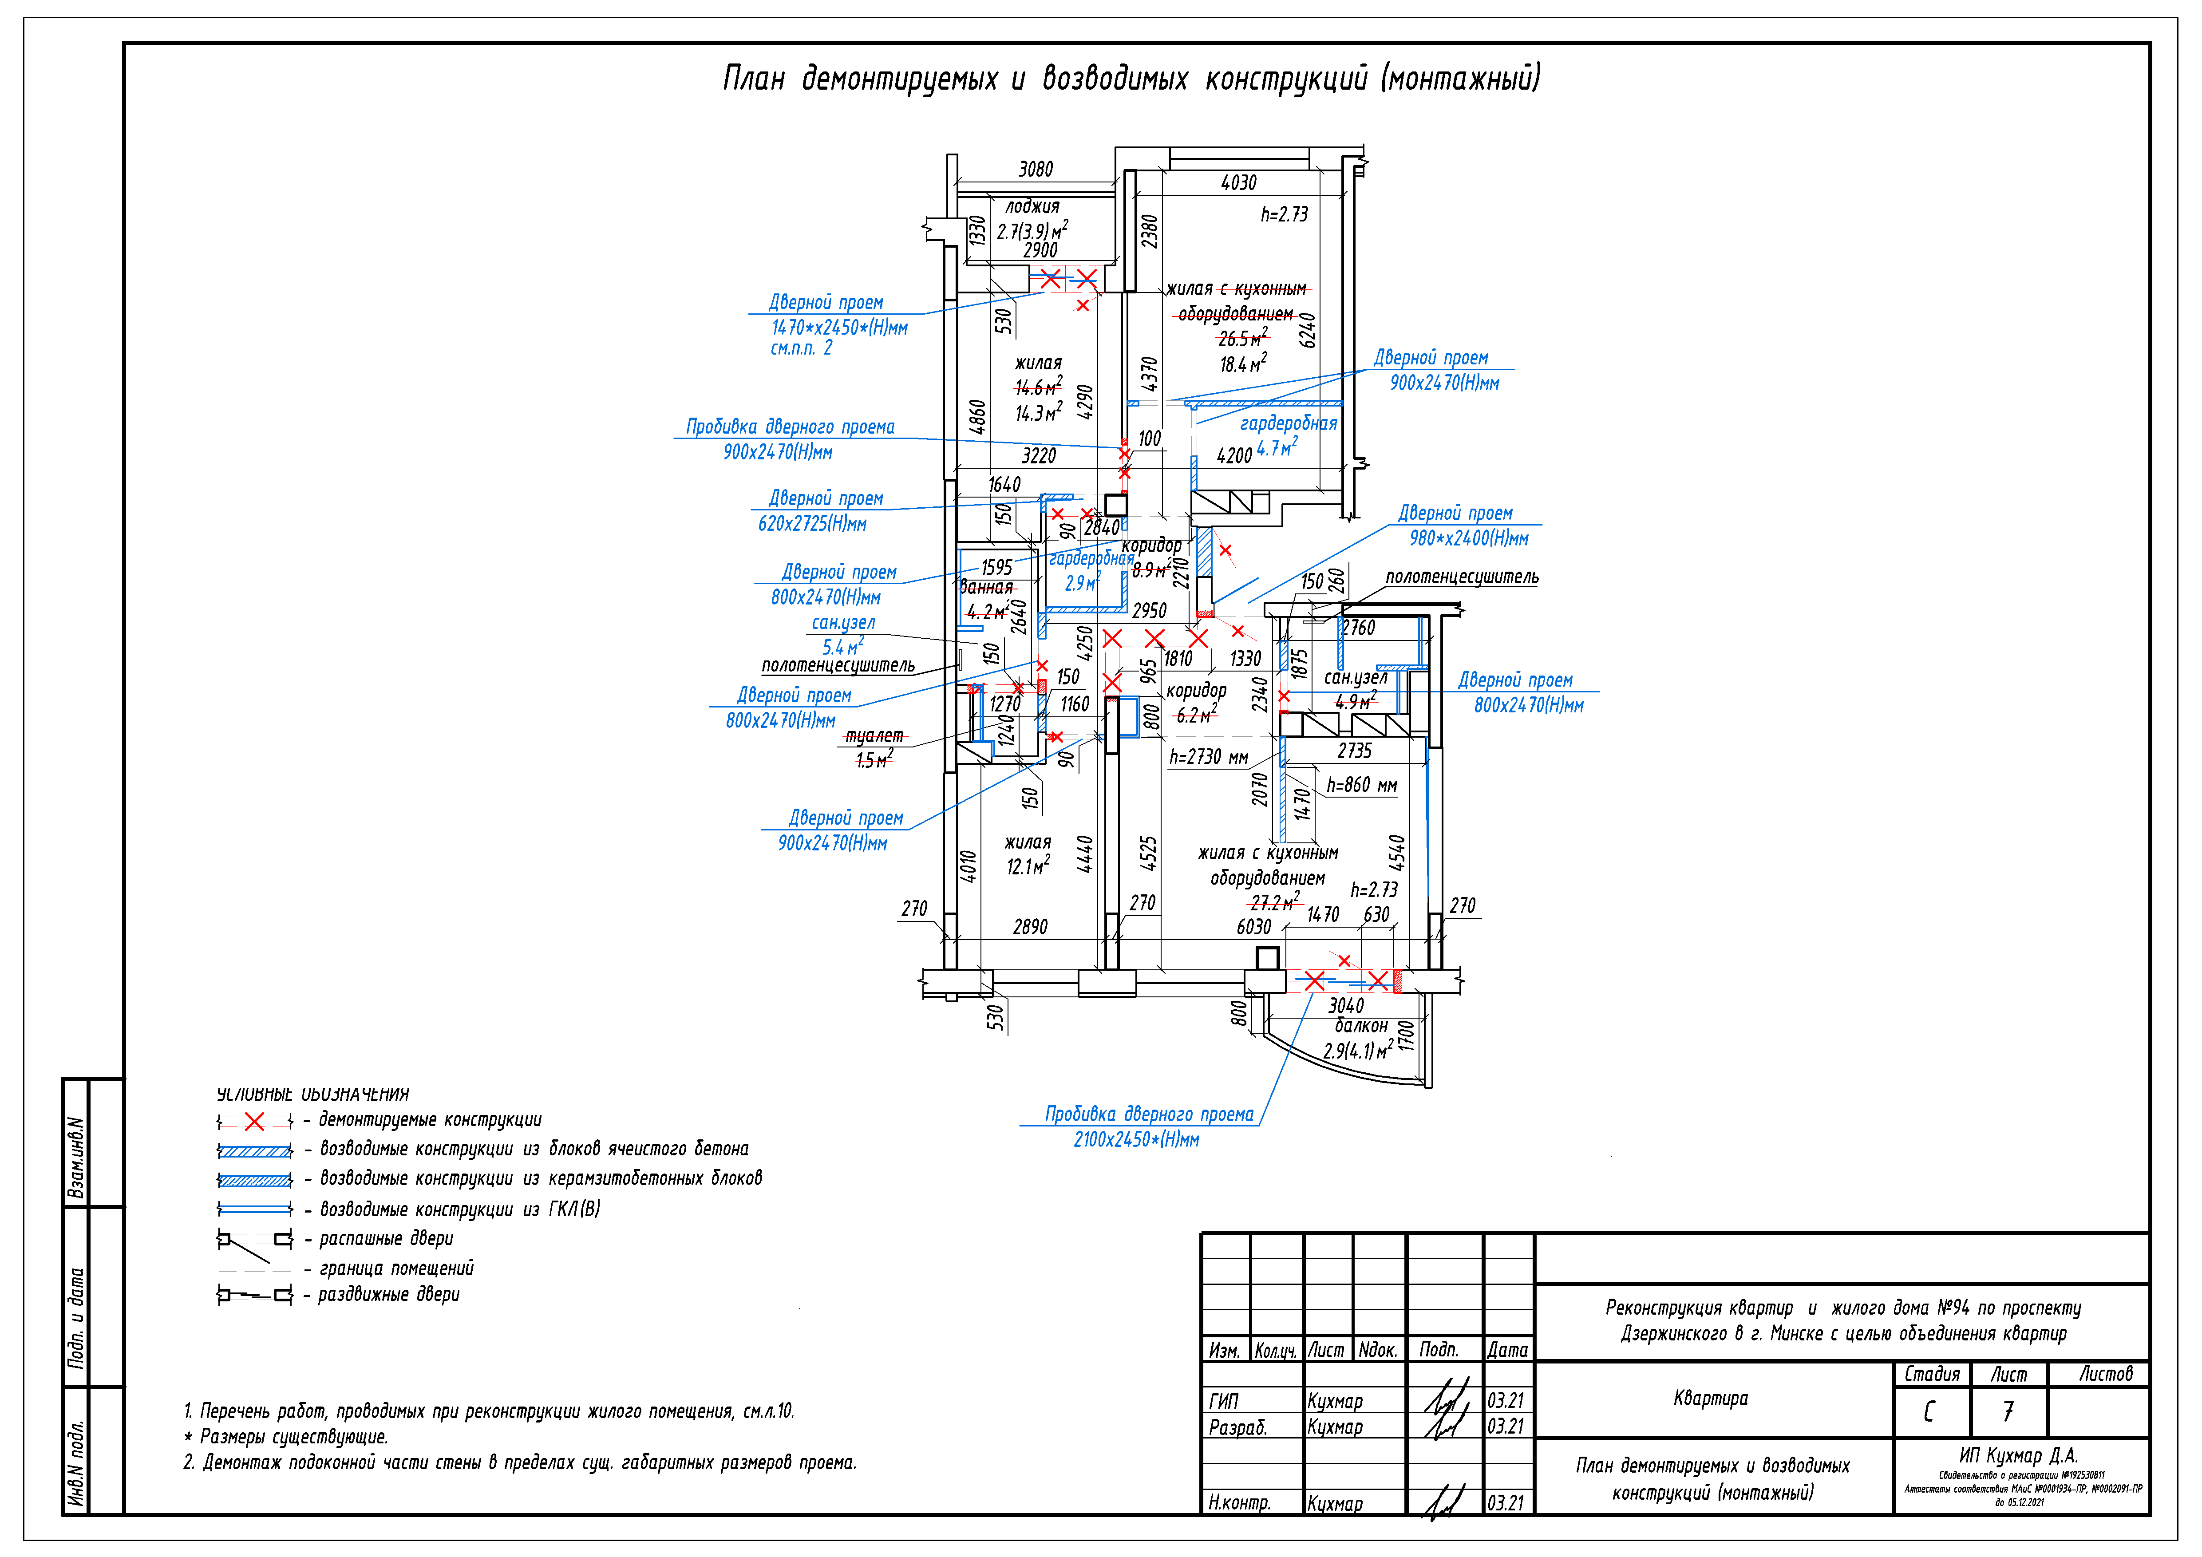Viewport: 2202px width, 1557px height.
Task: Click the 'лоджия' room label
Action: coord(1032,206)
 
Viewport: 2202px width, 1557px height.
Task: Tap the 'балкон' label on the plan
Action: coord(1360,1026)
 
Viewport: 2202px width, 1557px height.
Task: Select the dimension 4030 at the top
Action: coord(1238,182)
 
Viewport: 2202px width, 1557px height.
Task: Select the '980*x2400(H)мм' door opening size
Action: coord(1468,539)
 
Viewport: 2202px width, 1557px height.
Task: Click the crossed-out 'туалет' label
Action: coord(874,735)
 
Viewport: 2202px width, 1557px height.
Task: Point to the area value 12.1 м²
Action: coord(1027,867)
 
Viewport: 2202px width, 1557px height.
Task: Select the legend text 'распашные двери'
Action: coord(386,1239)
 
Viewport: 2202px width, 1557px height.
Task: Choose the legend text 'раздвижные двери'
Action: coord(388,1294)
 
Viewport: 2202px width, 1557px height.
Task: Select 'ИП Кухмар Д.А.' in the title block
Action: coord(2018,1455)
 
